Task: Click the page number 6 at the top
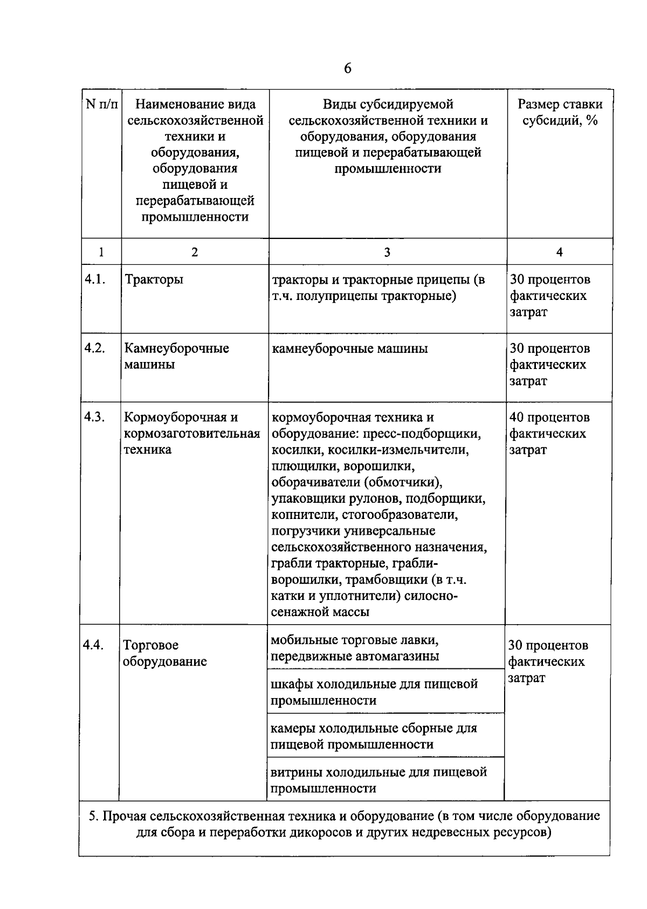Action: [347, 69]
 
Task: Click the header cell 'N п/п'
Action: [101, 104]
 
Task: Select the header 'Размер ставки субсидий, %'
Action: [560, 112]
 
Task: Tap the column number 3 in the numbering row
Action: [387, 252]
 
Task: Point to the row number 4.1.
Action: [94, 279]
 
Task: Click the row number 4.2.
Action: [94, 348]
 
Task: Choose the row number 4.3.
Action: [94, 417]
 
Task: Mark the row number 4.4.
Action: [93, 645]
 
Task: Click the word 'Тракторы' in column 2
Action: [154, 279]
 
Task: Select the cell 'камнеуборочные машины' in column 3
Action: [350, 348]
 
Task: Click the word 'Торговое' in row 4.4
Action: [150, 645]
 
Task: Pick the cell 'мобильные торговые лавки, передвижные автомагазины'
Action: [354, 648]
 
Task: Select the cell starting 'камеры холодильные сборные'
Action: [374, 736]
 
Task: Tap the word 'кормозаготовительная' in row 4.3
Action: [192, 434]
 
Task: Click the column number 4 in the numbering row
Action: [559, 252]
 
